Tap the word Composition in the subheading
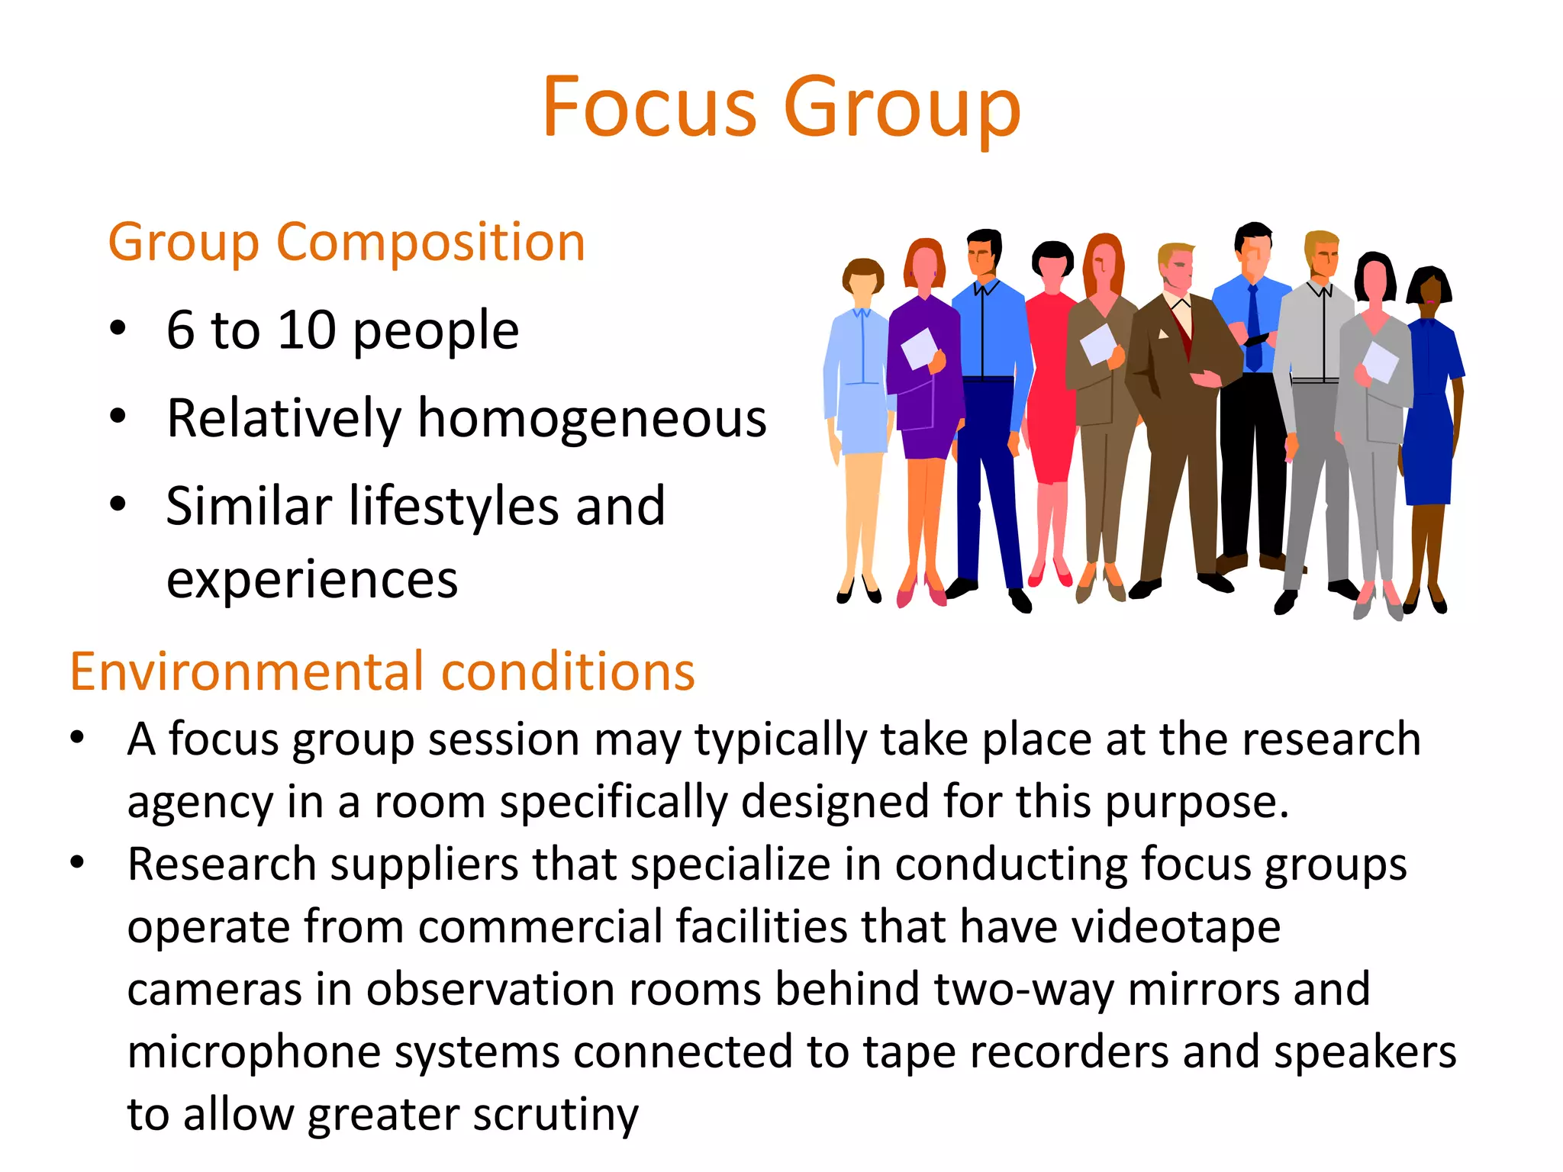[430, 243]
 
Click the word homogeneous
[592, 419]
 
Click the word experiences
[312, 580]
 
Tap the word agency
[200, 802]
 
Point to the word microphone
[253, 1052]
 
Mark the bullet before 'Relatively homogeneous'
[118, 417]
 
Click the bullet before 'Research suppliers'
[77, 863]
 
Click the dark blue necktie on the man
[1253, 328]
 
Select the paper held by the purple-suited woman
[919, 348]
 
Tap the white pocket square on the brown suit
[1163, 333]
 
